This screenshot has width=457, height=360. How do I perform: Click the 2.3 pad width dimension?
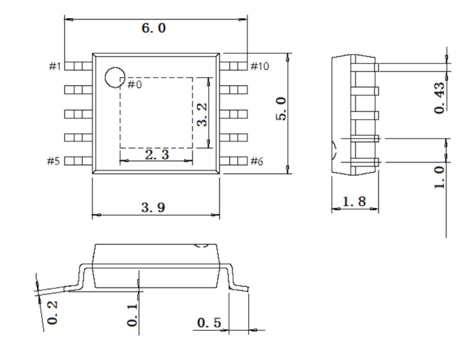(x=157, y=155)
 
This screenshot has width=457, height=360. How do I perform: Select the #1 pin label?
(x=55, y=66)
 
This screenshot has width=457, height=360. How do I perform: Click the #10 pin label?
(x=260, y=66)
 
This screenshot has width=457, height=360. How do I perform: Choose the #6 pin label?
(x=258, y=161)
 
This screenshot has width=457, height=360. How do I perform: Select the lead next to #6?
(x=235, y=161)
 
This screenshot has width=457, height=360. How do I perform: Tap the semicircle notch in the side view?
(x=333, y=150)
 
